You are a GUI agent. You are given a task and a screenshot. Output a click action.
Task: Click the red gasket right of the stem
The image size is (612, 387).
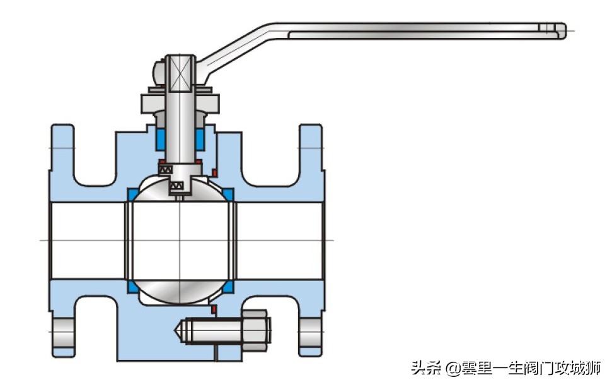tap(214, 173)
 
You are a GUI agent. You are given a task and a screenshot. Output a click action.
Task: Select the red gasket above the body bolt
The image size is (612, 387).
tap(214, 309)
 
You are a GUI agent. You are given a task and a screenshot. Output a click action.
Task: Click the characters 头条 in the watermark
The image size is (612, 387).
tap(425, 368)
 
